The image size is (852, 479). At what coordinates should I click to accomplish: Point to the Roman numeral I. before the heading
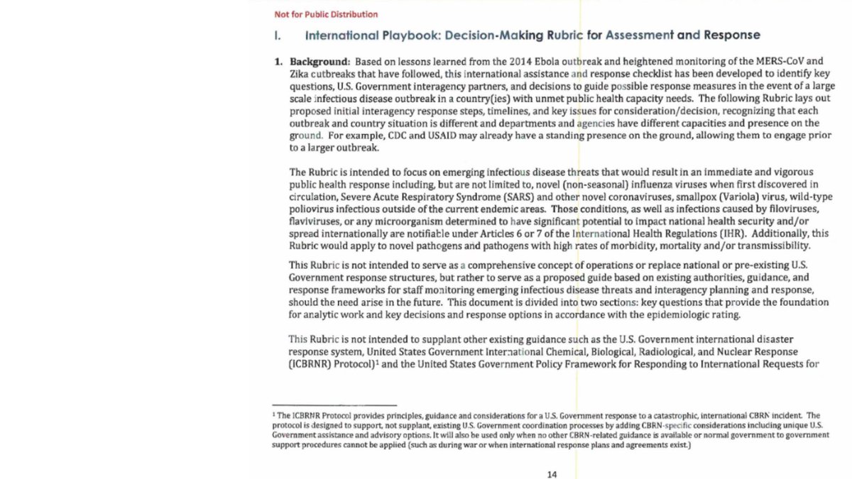tap(278, 35)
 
